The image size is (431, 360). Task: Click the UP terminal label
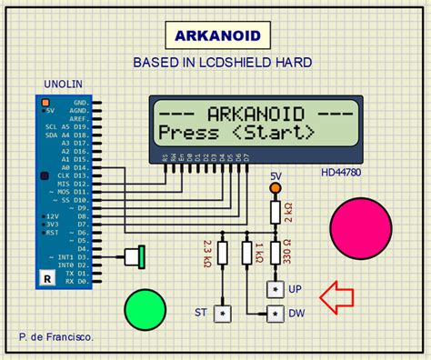pyautogui.click(x=296, y=288)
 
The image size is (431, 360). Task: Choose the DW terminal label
pyautogui.click(x=296, y=315)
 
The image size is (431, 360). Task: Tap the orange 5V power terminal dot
pyautogui.click(x=276, y=188)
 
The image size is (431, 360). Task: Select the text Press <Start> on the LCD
pyautogui.click(x=236, y=133)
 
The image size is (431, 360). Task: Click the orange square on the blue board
pyautogui.click(x=43, y=101)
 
